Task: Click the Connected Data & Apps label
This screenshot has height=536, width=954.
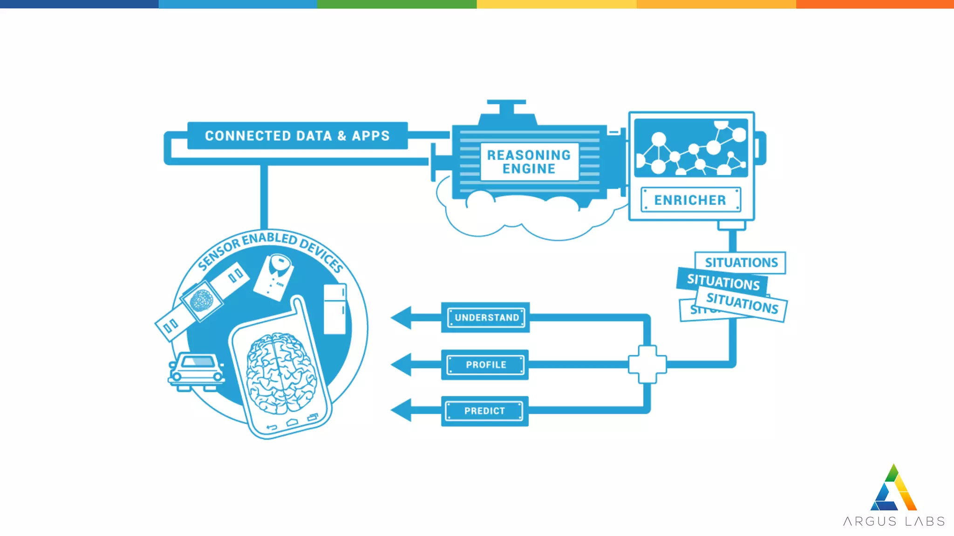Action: pos(297,135)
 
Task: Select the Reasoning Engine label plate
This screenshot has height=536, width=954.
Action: pos(529,161)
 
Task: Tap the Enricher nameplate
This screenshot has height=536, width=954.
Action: pos(690,200)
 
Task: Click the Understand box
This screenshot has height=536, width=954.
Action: pos(486,317)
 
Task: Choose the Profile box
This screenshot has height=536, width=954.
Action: pos(485,365)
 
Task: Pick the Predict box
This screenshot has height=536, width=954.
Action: pos(484,411)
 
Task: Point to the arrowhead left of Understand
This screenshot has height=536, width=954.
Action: pos(402,317)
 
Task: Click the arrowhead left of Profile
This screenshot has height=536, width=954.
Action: pos(402,364)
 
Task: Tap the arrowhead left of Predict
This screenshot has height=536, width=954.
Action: pos(402,410)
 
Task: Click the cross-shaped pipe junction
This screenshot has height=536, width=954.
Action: pos(647,364)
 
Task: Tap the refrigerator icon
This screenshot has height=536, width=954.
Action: pos(335,308)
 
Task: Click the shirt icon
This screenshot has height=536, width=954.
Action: pos(275,276)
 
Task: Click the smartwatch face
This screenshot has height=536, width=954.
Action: pos(202,301)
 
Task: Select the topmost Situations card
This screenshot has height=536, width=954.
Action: pos(741,262)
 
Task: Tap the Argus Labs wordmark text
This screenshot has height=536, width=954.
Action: pos(893,521)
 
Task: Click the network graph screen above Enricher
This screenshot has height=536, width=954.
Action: pos(691,147)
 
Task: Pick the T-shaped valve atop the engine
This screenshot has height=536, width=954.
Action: pos(507,110)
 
